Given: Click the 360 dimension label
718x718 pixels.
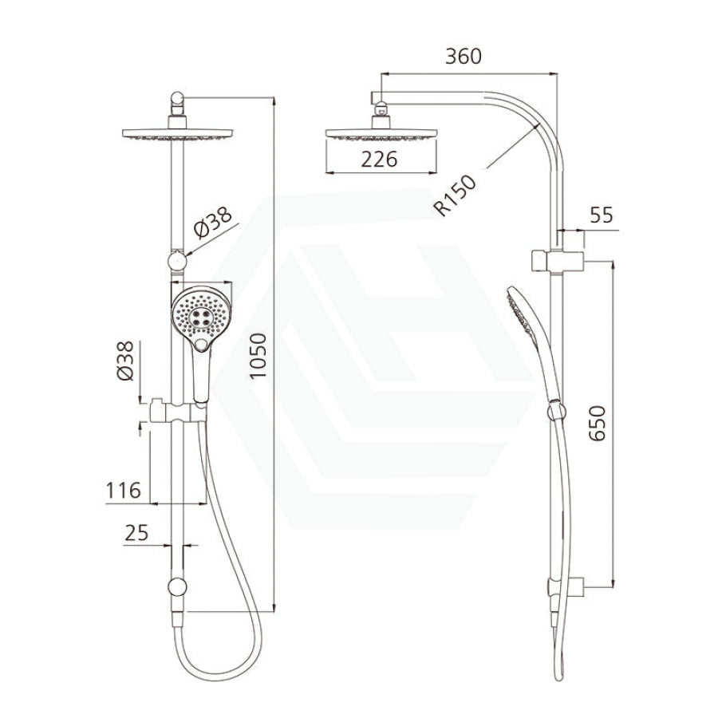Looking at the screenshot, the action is point(464,57).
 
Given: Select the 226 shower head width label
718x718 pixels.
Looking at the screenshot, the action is point(379,160).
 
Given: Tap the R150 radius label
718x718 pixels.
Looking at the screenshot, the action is point(456,196).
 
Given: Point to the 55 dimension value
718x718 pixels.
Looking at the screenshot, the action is point(601,215).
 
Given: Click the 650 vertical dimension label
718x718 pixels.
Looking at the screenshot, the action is point(597,424).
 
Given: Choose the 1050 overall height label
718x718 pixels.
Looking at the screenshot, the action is point(258,356).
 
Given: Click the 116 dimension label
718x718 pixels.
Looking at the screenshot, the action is point(123,491).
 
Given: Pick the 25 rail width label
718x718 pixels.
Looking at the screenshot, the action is point(136,533).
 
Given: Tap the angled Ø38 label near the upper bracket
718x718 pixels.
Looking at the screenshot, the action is point(213,223).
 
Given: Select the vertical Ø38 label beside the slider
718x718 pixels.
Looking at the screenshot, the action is point(125,361).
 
